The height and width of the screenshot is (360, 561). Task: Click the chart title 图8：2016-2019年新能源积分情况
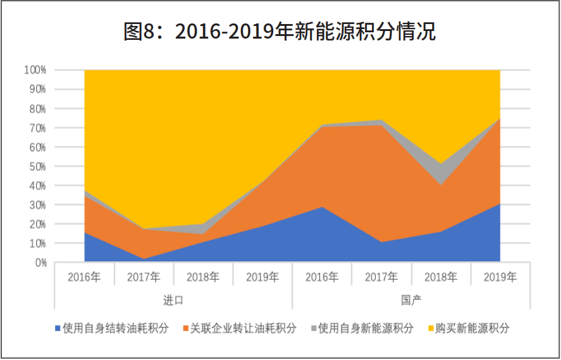pyautogui.click(x=280, y=32)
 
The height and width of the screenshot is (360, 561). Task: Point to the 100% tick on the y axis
pyautogui.click(x=35, y=70)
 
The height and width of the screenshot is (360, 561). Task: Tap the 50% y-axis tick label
pyautogui.click(x=37, y=166)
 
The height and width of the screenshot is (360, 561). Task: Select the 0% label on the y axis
pyautogui.click(x=40, y=263)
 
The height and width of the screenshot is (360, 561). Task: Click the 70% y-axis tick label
pyautogui.click(x=37, y=128)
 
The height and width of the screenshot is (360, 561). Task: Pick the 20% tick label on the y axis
pyautogui.click(x=37, y=224)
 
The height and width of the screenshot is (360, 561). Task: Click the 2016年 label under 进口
pyautogui.click(x=84, y=277)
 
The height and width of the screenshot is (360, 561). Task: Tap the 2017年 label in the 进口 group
pyautogui.click(x=144, y=277)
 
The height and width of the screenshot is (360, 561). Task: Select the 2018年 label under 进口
pyautogui.click(x=203, y=277)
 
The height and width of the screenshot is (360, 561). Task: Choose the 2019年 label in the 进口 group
pyautogui.click(x=262, y=277)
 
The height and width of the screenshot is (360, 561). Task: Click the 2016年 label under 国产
pyautogui.click(x=322, y=277)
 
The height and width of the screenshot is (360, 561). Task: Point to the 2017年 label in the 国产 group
pyautogui.click(x=381, y=277)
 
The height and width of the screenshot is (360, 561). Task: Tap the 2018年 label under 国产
pyautogui.click(x=441, y=277)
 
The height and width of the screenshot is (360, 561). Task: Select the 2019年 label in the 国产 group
pyautogui.click(x=500, y=277)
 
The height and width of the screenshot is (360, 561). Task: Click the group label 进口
pyautogui.click(x=173, y=299)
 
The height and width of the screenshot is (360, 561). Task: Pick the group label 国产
pyautogui.click(x=411, y=299)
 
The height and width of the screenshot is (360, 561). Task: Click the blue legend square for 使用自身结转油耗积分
pyautogui.click(x=58, y=328)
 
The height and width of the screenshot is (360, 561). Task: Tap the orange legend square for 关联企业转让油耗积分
pyautogui.click(x=186, y=328)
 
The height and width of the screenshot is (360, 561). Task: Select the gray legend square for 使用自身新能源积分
pyautogui.click(x=314, y=328)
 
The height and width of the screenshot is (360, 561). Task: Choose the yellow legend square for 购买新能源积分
pyautogui.click(x=431, y=328)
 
